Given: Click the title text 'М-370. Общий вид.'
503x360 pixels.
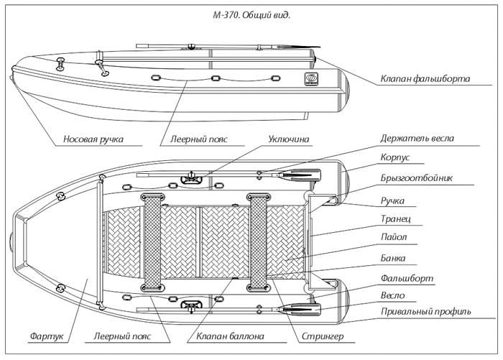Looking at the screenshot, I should click(251, 14).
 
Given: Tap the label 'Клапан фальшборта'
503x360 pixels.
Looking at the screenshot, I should click(425, 79).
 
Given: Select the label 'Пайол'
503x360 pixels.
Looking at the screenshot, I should click(394, 238).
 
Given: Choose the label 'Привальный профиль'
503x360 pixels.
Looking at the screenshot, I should click(427, 312).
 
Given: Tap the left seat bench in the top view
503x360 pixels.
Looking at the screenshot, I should click(153, 244).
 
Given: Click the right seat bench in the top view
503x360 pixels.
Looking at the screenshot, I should click(257, 244).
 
